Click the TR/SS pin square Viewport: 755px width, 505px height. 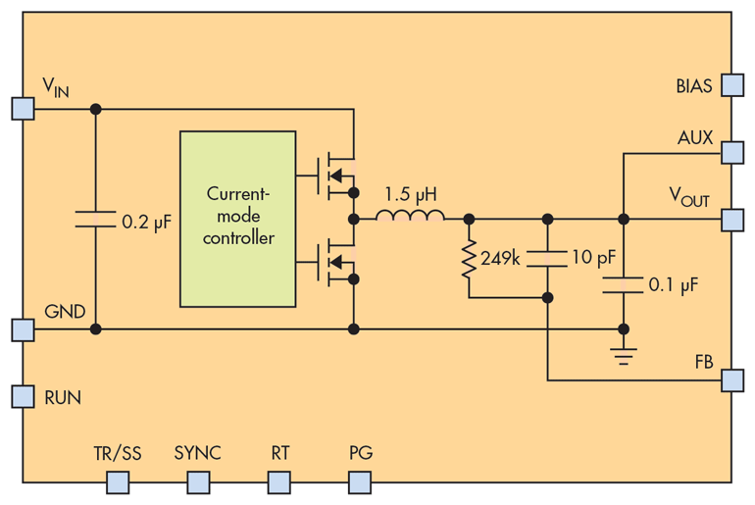click(x=118, y=481)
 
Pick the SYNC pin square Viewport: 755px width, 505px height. click(x=199, y=481)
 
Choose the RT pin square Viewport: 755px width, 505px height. click(x=279, y=481)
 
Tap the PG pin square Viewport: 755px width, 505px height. click(x=360, y=481)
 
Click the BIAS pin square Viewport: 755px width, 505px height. click(x=731, y=85)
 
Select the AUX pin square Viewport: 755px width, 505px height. click(x=731, y=152)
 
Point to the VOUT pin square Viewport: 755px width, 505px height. click(x=731, y=219)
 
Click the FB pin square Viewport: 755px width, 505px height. click(x=731, y=379)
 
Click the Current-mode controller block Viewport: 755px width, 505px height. click(x=237, y=218)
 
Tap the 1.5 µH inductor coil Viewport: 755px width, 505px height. click(x=411, y=217)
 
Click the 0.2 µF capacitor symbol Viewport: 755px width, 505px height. click(x=95, y=221)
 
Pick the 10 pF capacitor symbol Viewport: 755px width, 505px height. click(x=547, y=258)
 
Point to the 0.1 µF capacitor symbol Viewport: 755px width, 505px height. click(x=623, y=284)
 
